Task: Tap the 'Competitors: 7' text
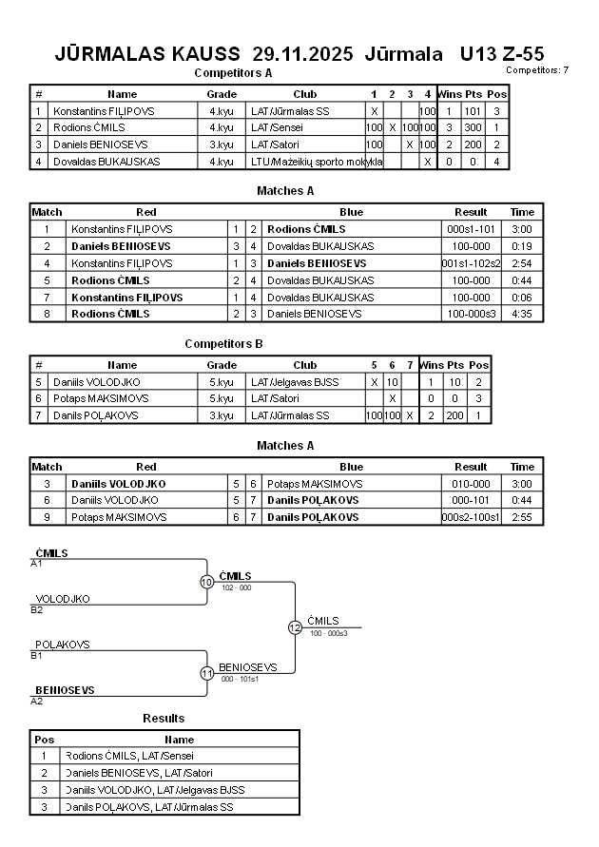[537, 69]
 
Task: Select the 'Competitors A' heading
[233, 72]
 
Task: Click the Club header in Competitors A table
[304, 94]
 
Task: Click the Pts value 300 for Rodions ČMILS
[473, 127]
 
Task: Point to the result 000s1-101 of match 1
[471, 229]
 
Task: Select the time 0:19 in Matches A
[522, 246]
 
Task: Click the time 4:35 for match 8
[522, 314]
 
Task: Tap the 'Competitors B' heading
[224, 344]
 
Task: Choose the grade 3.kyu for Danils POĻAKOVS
[222, 415]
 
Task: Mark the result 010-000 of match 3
[471, 484]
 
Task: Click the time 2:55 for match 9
[522, 517]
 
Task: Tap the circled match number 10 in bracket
[206, 582]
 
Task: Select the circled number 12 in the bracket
[295, 627]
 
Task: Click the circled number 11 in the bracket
[206, 673]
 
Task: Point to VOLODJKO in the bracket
[63, 599]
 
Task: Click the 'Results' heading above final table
[164, 718]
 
